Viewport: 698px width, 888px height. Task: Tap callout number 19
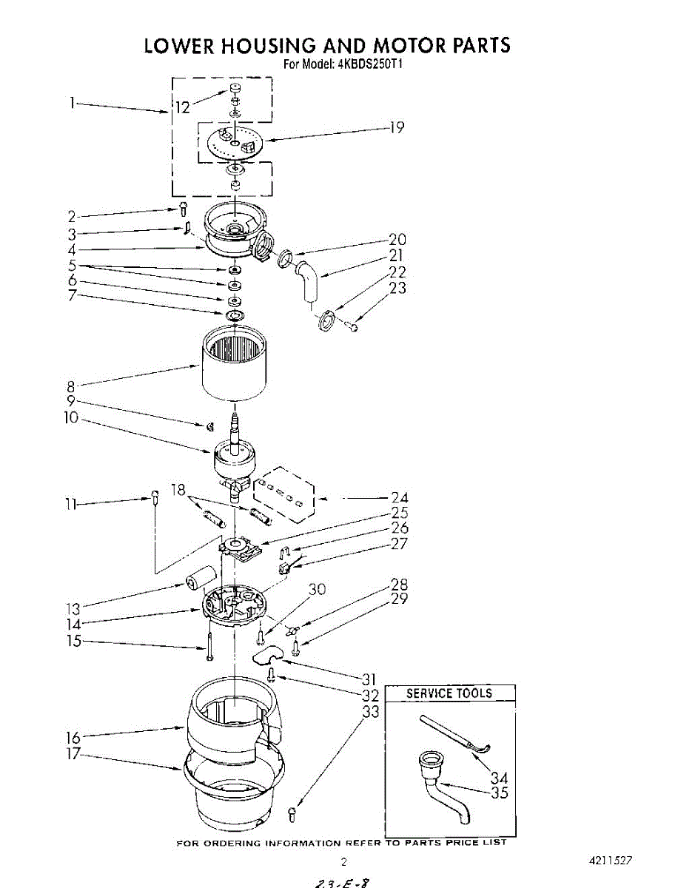point(397,127)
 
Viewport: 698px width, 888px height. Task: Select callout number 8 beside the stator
point(71,386)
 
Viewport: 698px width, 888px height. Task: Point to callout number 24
point(399,498)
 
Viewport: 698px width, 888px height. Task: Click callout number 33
point(371,711)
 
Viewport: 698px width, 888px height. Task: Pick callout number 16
point(73,737)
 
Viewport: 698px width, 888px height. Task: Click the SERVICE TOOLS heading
point(449,693)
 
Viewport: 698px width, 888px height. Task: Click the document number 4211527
point(611,861)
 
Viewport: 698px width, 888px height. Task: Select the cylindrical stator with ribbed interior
point(233,364)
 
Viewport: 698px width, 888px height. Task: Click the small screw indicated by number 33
point(292,815)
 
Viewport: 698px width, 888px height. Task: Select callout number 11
point(71,505)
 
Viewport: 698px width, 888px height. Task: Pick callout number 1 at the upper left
point(73,104)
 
